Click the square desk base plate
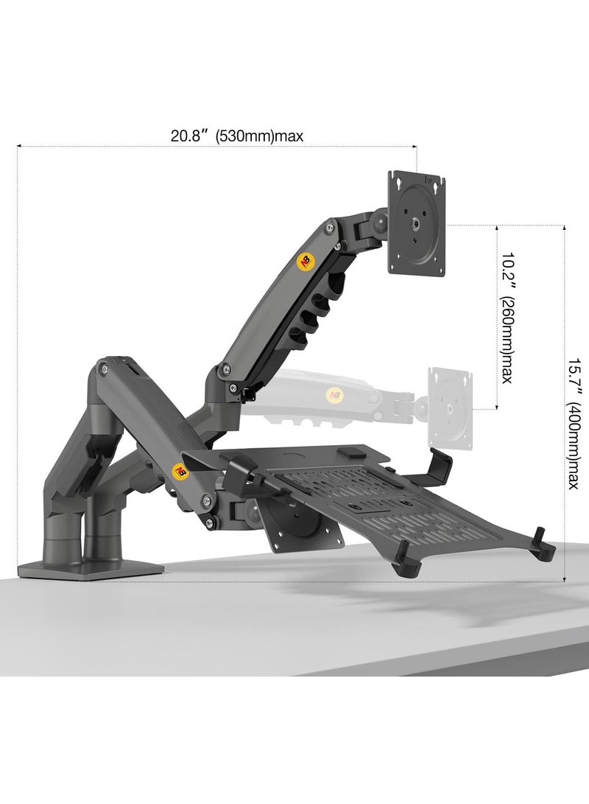tap(88, 567)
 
